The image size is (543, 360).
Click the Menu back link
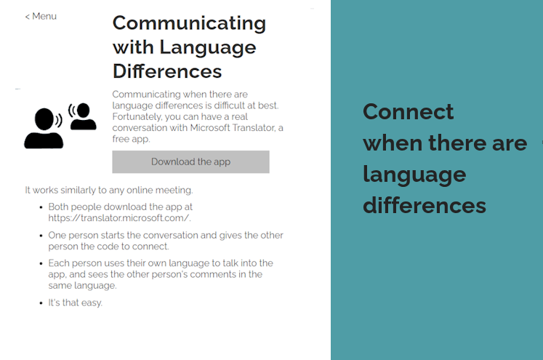pyautogui.click(x=41, y=16)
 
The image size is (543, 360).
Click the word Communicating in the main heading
pyautogui.click(x=189, y=23)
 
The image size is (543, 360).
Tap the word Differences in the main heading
pyautogui.click(x=167, y=71)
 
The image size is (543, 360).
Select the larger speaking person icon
pyautogui.click(x=44, y=129)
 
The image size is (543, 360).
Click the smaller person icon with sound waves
pyautogui.click(x=82, y=116)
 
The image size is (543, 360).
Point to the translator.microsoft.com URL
pyautogui.click(x=119, y=218)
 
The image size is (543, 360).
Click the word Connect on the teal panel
pyautogui.click(x=408, y=111)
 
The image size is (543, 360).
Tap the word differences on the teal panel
pyautogui.click(x=425, y=205)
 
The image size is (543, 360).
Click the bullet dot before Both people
pyautogui.click(x=41, y=207)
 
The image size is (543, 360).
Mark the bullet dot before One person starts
pyautogui.click(x=41, y=236)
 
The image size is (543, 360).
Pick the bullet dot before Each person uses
pyautogui.click(x=41, y=264)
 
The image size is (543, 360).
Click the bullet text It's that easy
pyautogui.click(x=75, y=303)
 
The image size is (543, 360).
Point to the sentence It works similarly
pyautogui.click(x=109, y=191)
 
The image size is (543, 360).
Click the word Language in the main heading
pyautogui.click(x=208, y=48)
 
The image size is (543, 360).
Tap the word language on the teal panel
pyautogui.click(x=414, y=175)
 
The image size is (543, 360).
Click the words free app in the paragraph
pyautogui.click(x=131, y=139)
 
